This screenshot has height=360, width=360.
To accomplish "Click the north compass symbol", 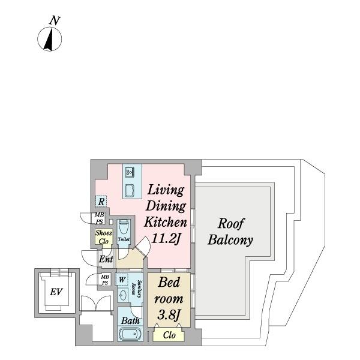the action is click(49, 39).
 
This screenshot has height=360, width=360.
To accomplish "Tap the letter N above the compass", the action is click(55, 20).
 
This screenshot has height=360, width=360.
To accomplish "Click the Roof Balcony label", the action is click(230, 232).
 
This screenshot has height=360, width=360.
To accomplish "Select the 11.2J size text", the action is click(166, 239).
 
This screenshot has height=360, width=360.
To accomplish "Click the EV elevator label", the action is click(56, 292).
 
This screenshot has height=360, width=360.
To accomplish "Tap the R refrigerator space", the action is click(101, 202).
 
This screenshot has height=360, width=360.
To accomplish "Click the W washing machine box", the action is click(122, 280).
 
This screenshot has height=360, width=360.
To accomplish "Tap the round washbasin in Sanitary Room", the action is click(123, 295).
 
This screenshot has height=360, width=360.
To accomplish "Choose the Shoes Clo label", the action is click(104, 237).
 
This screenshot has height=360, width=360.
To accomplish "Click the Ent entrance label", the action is click(106, 259).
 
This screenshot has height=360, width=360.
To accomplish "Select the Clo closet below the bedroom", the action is click(169, 335).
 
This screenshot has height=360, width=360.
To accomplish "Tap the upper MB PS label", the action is click(100, 218).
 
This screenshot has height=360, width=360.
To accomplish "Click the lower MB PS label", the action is click(104, 280).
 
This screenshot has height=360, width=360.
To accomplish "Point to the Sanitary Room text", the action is click(136, 289).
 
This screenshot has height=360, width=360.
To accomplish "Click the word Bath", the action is click(130, 321).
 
